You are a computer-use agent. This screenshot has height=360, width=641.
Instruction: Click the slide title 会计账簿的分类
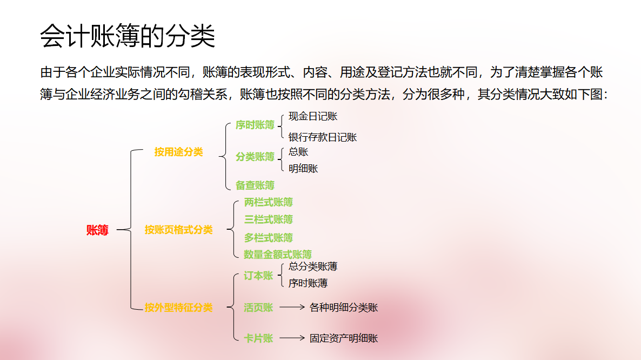click(x=128, y=36)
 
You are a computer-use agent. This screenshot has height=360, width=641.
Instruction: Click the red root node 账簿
click(x=97, y=230)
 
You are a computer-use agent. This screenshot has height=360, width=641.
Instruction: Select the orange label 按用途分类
click(x=178, y=152)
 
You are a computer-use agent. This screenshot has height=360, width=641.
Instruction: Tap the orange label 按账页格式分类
click(x=178, y=230)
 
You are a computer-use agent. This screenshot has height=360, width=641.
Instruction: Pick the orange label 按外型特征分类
click(x=178, y=308)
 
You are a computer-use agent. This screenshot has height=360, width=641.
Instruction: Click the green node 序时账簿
click(x=255, y=125)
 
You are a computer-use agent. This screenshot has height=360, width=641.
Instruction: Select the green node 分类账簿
click(x=255, y=157)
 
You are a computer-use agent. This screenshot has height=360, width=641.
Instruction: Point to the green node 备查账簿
click(x=255, y=185)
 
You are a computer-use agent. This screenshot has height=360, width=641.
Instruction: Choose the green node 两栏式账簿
click(x=269, y=203)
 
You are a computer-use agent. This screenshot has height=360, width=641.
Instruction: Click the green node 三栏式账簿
click(x=269, y=219)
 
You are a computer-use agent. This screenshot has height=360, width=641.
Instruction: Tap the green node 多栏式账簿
click(x=269, y=238)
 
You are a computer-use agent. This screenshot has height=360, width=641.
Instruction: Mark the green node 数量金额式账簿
click(x=278, y=255)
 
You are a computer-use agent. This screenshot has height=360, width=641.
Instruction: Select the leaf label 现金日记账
click(x=313, y=116)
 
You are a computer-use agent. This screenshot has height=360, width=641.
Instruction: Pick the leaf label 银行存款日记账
click(x=323, y=137)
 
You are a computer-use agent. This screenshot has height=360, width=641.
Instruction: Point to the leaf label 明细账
click(x=303, y=169)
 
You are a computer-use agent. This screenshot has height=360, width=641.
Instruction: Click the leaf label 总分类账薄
click(x=313, y=266)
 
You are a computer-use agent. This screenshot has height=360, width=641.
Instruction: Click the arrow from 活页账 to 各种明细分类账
click(x=292, y=308)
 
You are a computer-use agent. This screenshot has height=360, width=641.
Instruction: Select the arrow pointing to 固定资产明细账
click(x=292, y=338)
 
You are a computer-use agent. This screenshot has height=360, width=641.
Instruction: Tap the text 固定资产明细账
click(x=344, y=339)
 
